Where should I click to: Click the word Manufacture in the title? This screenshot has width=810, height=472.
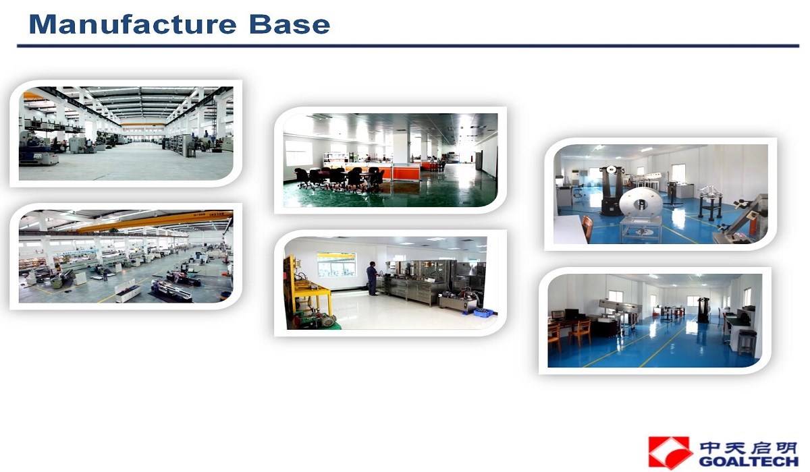point(132,24)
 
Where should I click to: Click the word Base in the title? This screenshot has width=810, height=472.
point(290,24)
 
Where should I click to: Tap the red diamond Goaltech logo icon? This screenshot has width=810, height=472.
point(670,452)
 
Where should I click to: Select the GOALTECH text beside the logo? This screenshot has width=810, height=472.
point(749,461)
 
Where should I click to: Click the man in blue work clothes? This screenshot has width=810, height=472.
point(372,278)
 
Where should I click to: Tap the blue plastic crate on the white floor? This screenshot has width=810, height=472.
point(483,312)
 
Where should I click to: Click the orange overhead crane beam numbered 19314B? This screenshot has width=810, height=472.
point(155,222)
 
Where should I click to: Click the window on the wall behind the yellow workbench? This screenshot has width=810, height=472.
point(336,264)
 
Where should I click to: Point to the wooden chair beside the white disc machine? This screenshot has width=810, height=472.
point(587,228)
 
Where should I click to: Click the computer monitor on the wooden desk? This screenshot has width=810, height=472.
point(570,314)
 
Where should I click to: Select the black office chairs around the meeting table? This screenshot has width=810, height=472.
point(339,179)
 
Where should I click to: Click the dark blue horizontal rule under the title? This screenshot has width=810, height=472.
point(408,46)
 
